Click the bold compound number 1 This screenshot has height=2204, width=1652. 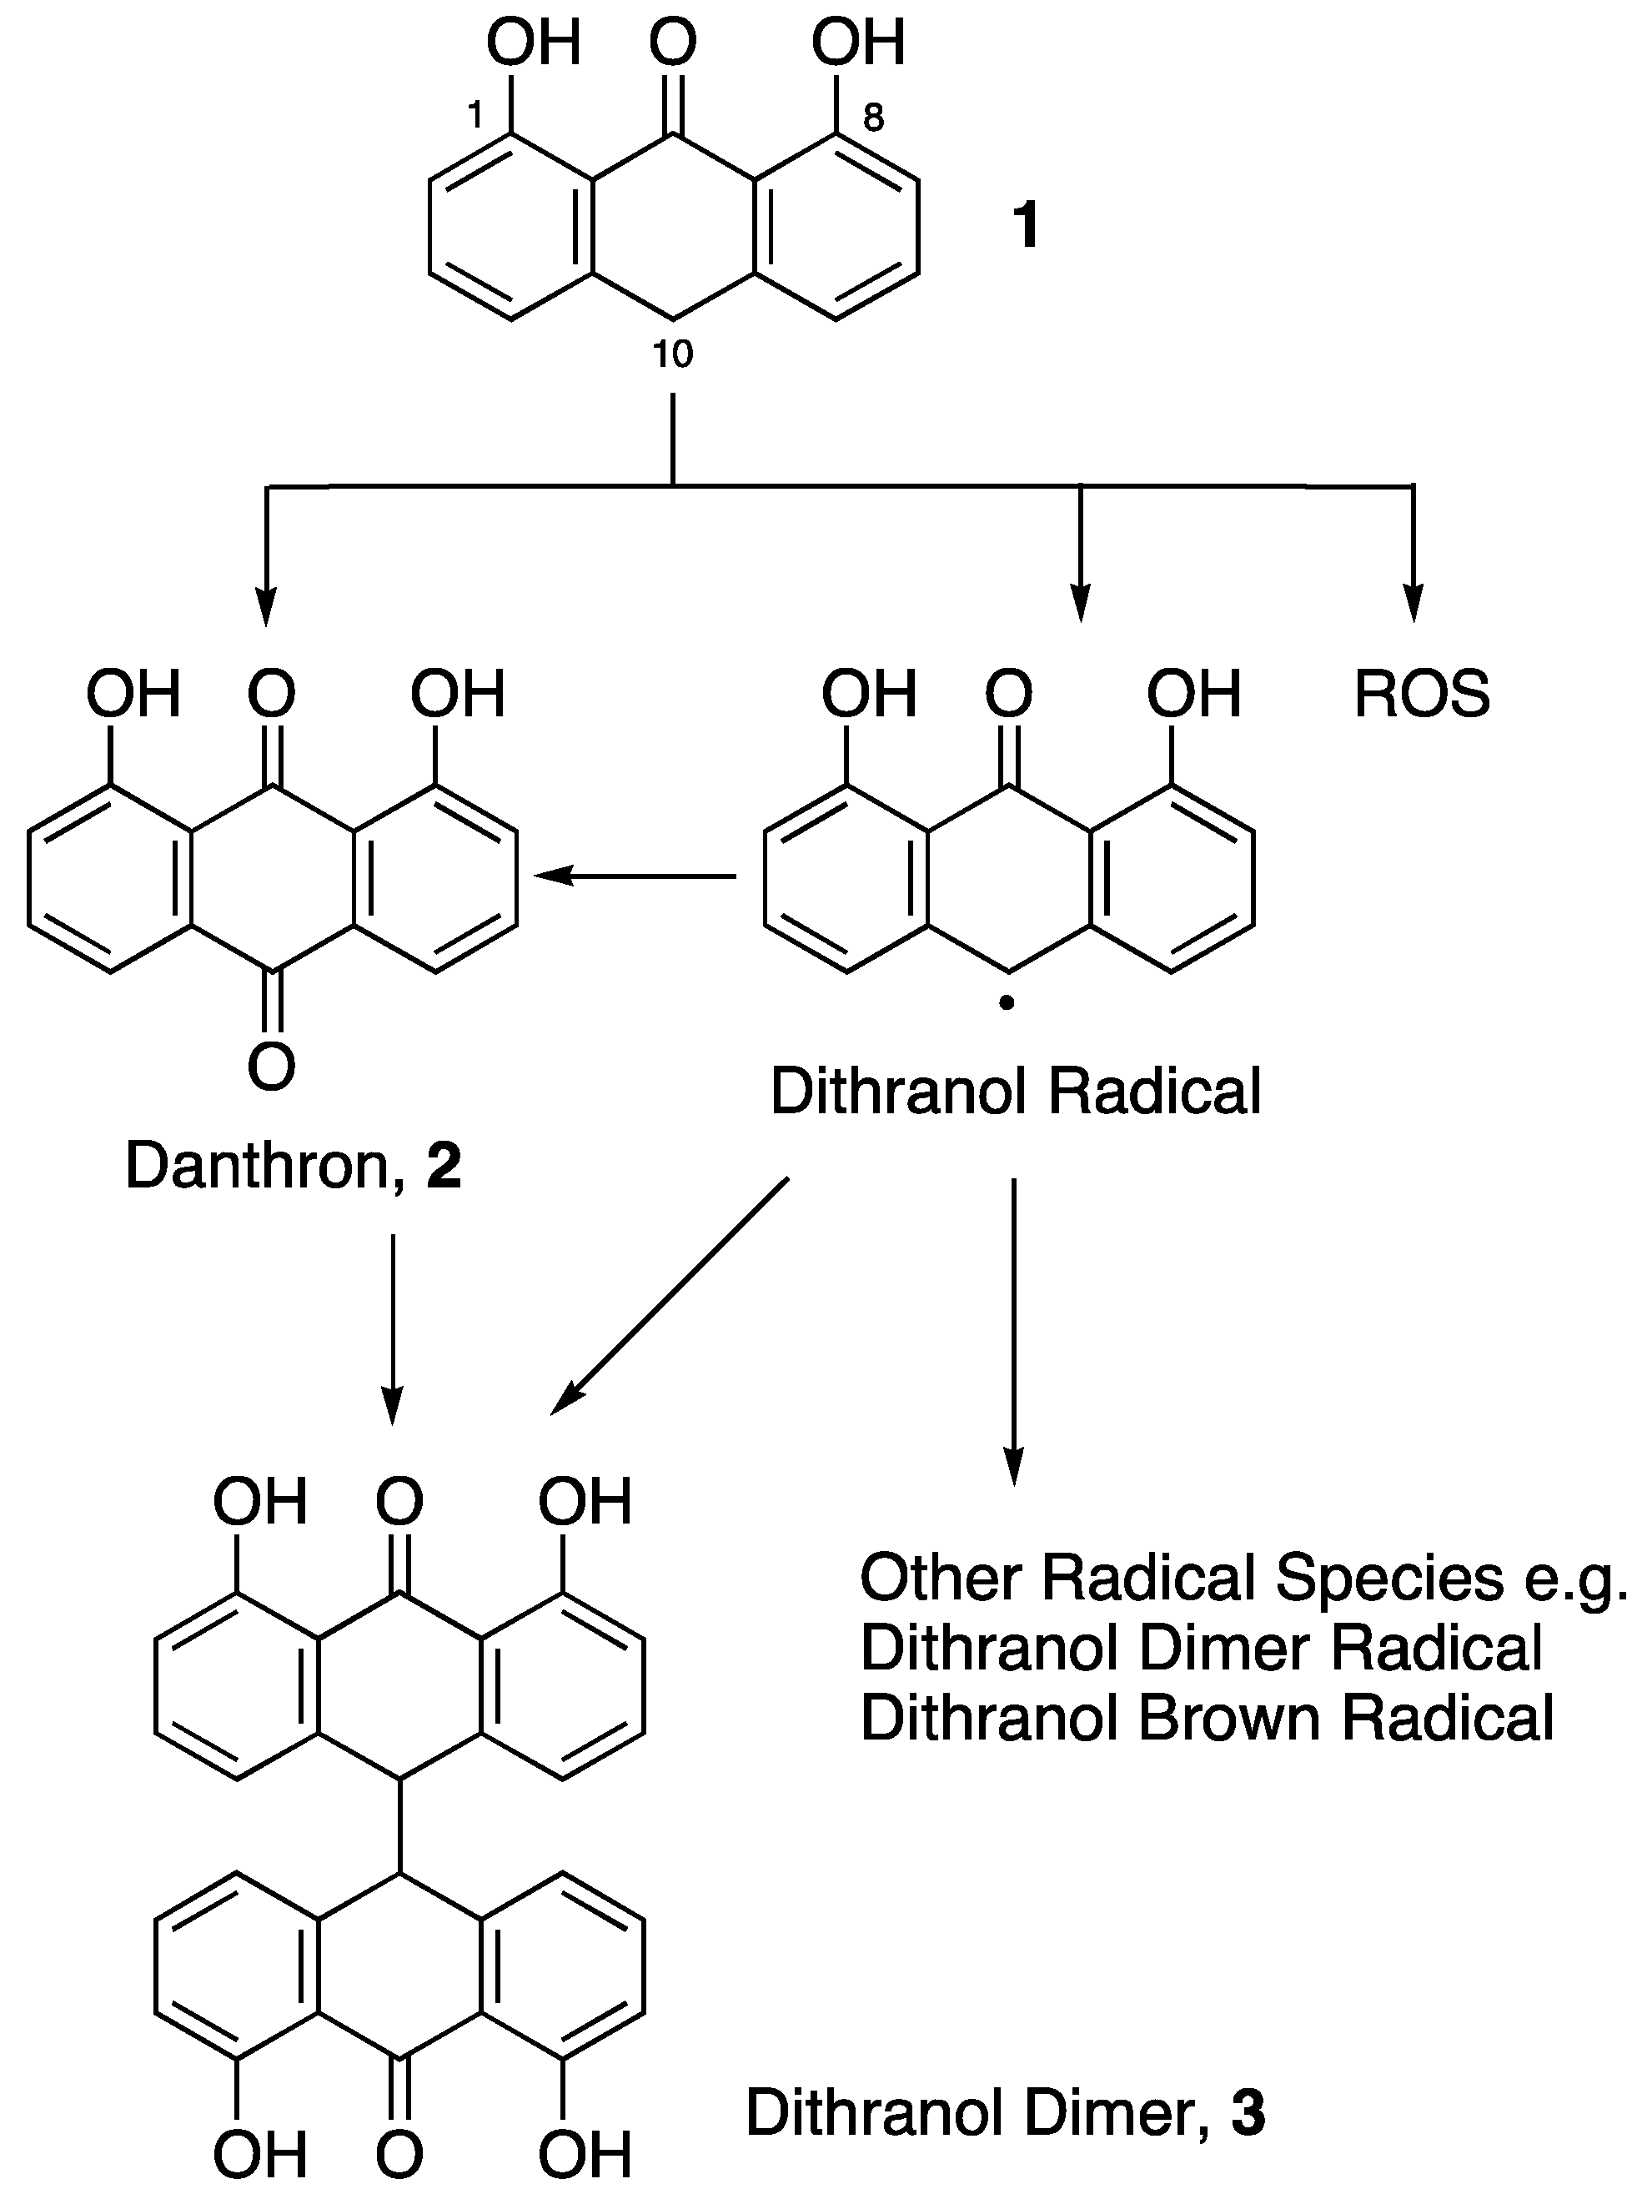coord(1025,224)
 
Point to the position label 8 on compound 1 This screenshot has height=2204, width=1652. coord(873,118)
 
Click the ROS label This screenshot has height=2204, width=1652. coord(1422,695)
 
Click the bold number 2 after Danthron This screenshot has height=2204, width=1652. coord(444,1165)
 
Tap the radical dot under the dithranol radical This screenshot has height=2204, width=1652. coord(1007,1004)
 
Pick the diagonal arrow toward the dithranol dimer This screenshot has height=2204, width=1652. coord(670,1295)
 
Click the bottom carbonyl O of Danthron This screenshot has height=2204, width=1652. coord(271,1066)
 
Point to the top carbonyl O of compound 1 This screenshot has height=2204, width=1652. coord(672,44)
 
